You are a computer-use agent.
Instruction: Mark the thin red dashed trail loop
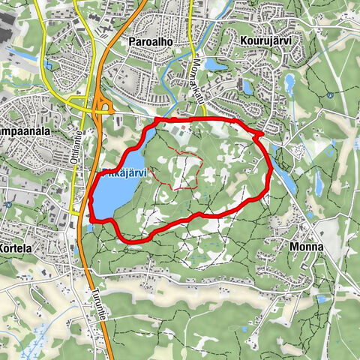click(177, 169)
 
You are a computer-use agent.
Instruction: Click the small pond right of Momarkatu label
click(215, 65)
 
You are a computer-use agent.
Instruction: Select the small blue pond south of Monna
click(321, 298)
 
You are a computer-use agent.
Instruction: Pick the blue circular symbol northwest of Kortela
click(7, 204)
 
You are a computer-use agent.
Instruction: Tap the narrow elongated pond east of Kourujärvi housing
click(289, 82)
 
